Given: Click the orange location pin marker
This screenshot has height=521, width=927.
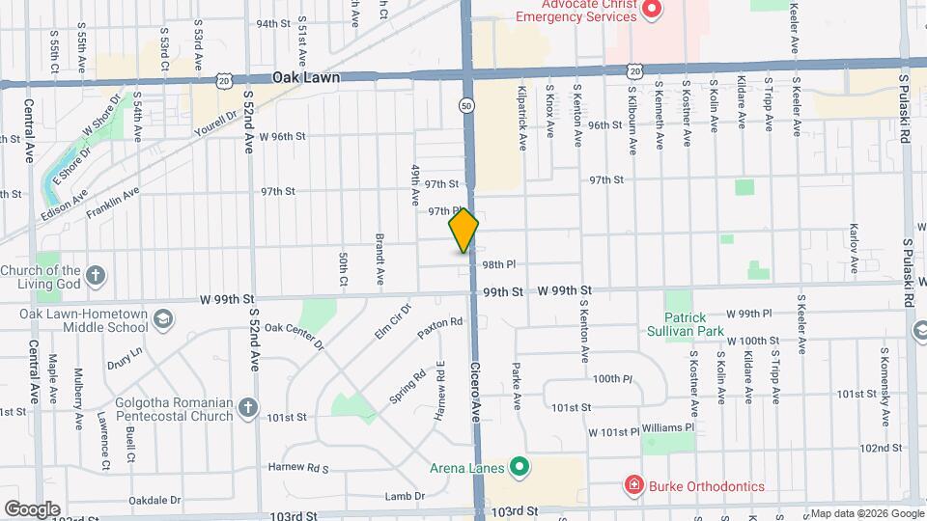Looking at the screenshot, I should (x=464, y=231).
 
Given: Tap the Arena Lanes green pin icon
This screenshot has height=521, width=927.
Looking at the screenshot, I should (x=520, y=469).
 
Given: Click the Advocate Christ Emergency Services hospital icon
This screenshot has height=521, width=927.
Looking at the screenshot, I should (x=652, y=10).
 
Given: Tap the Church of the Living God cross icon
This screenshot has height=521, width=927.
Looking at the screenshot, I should (x=95, y=276).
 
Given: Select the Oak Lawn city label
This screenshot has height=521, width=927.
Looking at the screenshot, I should (x=305, y=77).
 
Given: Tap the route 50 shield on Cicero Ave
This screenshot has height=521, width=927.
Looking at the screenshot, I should (x=467, y=105).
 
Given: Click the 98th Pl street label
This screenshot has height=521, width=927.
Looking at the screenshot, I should (x=499, y=264).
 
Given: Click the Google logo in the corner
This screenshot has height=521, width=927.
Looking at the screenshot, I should (x=32, y=508).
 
